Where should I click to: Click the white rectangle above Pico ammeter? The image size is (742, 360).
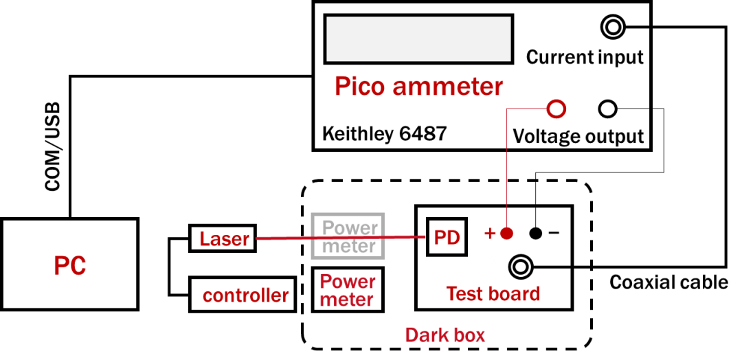418,39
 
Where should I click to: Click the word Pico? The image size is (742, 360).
359,87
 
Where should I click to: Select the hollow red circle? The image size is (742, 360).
556,109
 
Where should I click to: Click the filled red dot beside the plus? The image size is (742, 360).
507,234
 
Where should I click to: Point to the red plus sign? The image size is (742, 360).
490,234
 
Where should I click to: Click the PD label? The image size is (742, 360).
447,238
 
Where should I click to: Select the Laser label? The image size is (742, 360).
224,239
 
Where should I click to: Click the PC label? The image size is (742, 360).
70,267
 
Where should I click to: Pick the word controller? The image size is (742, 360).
245,296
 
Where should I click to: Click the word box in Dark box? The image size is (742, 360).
469,336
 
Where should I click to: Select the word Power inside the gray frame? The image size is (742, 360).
350,227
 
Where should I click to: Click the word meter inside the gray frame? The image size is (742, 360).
349,246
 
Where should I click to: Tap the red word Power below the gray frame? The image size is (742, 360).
348,282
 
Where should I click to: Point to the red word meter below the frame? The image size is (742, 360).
346,300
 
